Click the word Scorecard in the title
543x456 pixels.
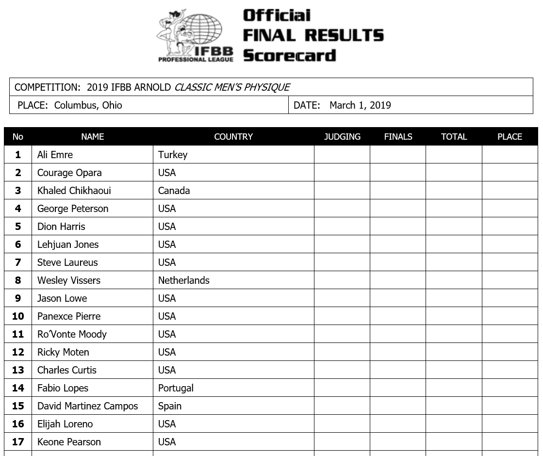[289, 55]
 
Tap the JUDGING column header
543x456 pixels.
[342, 137]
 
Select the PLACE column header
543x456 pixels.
[510, 137]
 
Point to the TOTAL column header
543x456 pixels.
[454, 137]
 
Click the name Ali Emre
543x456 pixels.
[55, 155]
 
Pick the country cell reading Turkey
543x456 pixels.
[173, 155]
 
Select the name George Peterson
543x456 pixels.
[73, 209]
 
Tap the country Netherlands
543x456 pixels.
[184, 280]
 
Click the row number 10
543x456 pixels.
[18, 316]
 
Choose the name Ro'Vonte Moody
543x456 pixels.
[72, 334]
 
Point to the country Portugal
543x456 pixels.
[176, 388]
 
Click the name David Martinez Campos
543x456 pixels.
[87, 406]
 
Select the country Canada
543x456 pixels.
[174, 191]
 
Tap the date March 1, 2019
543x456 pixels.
[360, 105]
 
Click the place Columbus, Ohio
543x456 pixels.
[88, 105]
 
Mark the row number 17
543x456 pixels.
[18, 442]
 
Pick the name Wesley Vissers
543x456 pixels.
[69, 280]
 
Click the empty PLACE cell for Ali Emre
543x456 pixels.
[510, 155]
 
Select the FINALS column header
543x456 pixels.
[398, 137]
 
